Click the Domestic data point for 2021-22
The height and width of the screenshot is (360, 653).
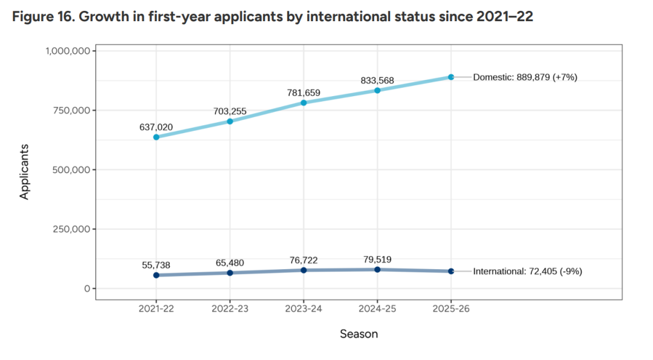(156, 137)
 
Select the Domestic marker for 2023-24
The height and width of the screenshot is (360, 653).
(304, 103)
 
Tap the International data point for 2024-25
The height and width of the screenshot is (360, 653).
(377, 269)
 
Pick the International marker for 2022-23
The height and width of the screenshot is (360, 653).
(230, 273)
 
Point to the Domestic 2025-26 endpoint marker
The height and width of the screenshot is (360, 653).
(451, 77)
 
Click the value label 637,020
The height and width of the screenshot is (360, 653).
(156, 127)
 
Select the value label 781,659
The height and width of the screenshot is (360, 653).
(304, 93)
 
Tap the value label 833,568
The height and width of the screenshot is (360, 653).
(377, 80)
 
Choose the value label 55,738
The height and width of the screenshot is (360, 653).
(156, 265)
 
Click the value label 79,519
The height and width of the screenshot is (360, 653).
(377, 260)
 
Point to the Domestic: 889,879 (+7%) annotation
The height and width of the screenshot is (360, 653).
(525, 77)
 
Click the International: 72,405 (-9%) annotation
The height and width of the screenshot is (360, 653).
(527, 272)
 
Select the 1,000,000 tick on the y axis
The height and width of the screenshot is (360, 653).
(68, 51)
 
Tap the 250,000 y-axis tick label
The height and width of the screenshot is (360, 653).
(72, 229)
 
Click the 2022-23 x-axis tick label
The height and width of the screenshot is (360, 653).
(230, 309)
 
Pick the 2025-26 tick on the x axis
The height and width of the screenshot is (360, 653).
(451, 309)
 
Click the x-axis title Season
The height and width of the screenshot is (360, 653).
(359, 334)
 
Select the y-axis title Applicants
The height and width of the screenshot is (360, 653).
(25, 171)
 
